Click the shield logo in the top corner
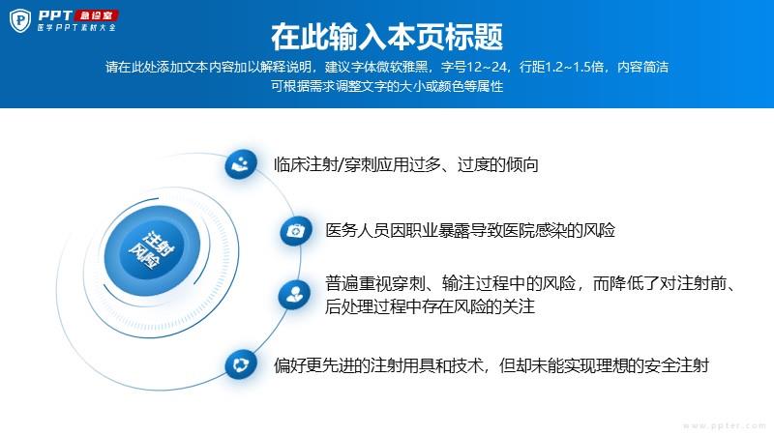20,20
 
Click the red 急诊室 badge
96,15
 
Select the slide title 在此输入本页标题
387,37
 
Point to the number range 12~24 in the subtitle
487,67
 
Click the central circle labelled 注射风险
152,250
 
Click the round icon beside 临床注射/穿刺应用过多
241,163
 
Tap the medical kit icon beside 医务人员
296,230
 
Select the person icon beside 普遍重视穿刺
295,295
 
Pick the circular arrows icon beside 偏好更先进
241,365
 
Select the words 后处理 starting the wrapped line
349,306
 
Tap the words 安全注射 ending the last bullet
676,365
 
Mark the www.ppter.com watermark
724,425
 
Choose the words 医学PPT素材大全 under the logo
76,28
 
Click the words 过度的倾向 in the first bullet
497,164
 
